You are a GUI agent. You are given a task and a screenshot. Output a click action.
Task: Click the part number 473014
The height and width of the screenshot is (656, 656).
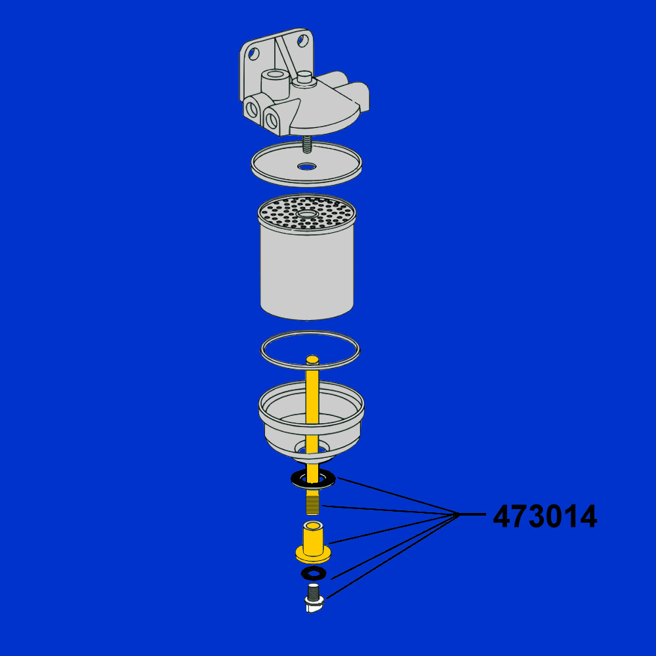[x=544, y=516]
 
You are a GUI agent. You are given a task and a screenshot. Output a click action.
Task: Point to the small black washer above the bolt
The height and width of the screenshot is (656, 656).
[x=314, y=573]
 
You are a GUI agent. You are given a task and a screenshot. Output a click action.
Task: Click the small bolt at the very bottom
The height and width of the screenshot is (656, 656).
[x=314, y=598]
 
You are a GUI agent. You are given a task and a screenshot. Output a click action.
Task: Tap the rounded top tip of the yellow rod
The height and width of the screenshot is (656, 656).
[x=312, y=359]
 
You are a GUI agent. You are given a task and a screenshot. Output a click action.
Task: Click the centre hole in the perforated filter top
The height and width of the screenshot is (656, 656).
[x=307, y=215]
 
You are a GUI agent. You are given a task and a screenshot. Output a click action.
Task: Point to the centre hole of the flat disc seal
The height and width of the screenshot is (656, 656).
[x=307, y=167]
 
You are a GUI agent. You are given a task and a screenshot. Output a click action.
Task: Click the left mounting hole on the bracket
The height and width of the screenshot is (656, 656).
[x=253, y=53]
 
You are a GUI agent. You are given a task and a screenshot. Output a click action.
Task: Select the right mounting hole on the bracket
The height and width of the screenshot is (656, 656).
[x=302, y=40]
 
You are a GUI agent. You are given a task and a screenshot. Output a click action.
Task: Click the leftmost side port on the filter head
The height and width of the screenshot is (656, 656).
[x=252, y=109]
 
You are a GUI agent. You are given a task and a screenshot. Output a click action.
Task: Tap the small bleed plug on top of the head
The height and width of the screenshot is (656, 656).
[x=304, y=78]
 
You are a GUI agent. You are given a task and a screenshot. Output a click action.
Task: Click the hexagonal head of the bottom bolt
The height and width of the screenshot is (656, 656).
[x=314, y=605]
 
